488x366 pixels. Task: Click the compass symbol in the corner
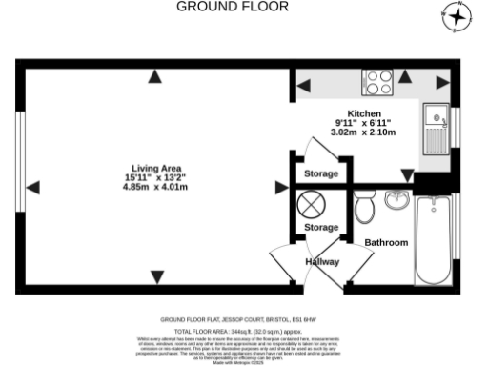tap(458, 16)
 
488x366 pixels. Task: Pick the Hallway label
tap(322, 261)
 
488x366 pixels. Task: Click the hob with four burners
tap(376, 82)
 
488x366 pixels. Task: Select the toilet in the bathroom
tap(362, 204)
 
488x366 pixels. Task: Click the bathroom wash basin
tap(396, 200)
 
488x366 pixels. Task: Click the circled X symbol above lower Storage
tap(313, 204)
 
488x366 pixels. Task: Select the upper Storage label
tap(321, 174)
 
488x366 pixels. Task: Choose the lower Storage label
tap(321, 228)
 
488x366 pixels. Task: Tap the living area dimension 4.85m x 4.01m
tap(155, 187)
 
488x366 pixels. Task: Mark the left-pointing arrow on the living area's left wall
tap(33, 186)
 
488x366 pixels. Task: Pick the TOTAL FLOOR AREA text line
tap(244, 329)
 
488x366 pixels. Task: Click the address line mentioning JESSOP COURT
tap(244, 320)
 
